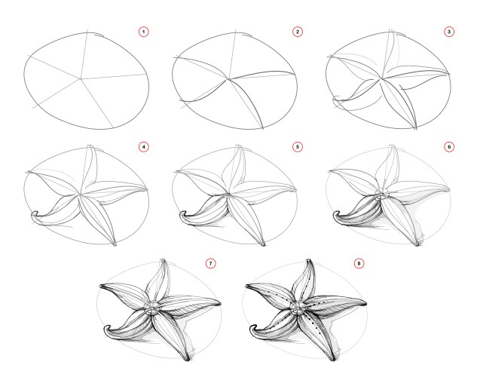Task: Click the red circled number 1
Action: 144,32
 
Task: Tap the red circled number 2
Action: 298,32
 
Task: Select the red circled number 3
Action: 450,32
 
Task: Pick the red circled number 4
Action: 144,146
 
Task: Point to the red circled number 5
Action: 298,146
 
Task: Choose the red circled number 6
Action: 450,146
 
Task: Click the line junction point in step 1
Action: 81,78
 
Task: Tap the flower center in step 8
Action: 299,308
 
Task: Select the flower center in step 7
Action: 153,307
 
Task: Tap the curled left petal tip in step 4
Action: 33,216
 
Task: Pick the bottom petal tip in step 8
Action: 336,360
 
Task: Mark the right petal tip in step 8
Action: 369,303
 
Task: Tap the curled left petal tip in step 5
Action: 181,216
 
